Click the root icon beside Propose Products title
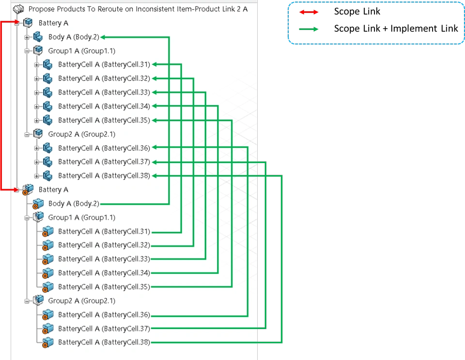(x=18, y=9)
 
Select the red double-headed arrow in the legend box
(x=308, y=12)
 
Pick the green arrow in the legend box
(x=308, y=30)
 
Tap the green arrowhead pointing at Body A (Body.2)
(x=104, y=37)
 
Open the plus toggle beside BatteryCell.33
(x=36, y=92)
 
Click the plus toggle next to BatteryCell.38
(x=36, y=176)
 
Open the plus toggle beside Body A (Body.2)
(x=27, y=37)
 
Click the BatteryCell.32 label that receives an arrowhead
(x=104, y=78)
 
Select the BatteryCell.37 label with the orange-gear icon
(x=104, y=329)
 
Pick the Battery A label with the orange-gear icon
(x=53, y=190)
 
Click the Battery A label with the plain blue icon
(x=53, y=23)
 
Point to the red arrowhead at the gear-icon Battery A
(x=17, y=191)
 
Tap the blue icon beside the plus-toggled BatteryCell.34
(x=47, y=106)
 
